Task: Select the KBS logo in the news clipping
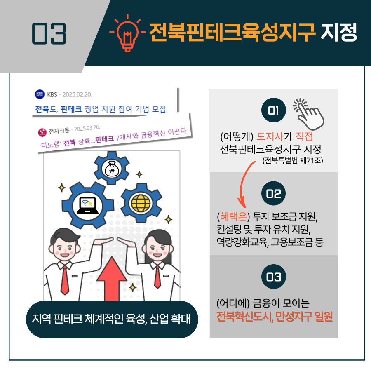pyautogui.click(x=40, y=95)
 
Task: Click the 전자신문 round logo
pyautogui.click(x=42, y=132)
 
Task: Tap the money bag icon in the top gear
pyautogui.click(x=112, y=169)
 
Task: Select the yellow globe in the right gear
pyautogui.click(x=139, y=203)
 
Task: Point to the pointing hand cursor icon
pyautogui.click(x=308, y=113)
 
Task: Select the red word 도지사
pyautogui.click(x=270, y=136)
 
